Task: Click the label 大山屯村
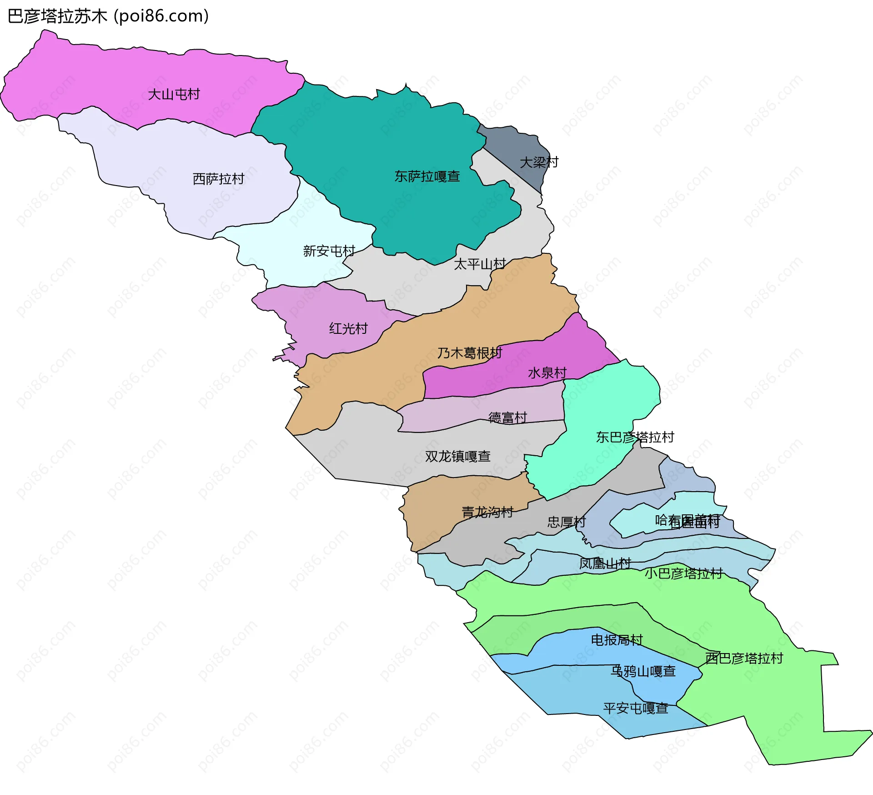[x=174, y=95]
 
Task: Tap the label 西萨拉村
[x=218, y=179]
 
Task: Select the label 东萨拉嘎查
[x=427, y=176]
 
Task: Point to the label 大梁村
[x=539, y=162]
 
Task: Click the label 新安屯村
[x=329, y=251]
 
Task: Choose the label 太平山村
[x=480, y=264]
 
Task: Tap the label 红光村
[x=348, y=328]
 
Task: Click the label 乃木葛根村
[x=469, y=353]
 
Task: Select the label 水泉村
[x=547, y=373]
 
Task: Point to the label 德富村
[x=507, y=418]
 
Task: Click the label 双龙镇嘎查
[x=457, y=456]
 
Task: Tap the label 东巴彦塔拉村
[x=635, y=437]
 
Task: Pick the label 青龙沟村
[x=487, y=513]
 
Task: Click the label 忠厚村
[x=566, y=522]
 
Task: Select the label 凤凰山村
[x=605, y=564]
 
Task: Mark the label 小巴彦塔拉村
[x=683, y=574]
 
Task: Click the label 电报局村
[x=617, y=640]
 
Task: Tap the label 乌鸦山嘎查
[x=643, y=671]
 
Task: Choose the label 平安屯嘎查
[x=636, y=708]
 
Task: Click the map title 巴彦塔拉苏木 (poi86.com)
[x=108, y=16]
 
